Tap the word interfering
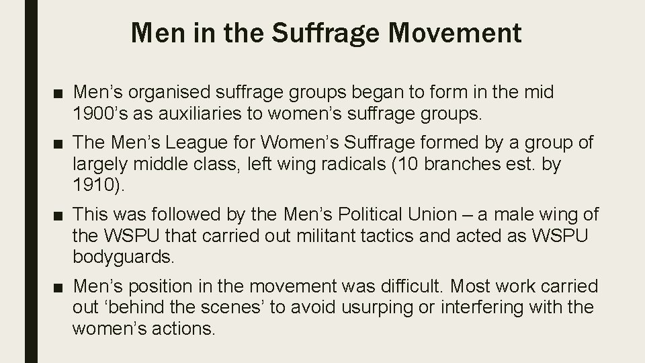(x=476, y=307)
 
